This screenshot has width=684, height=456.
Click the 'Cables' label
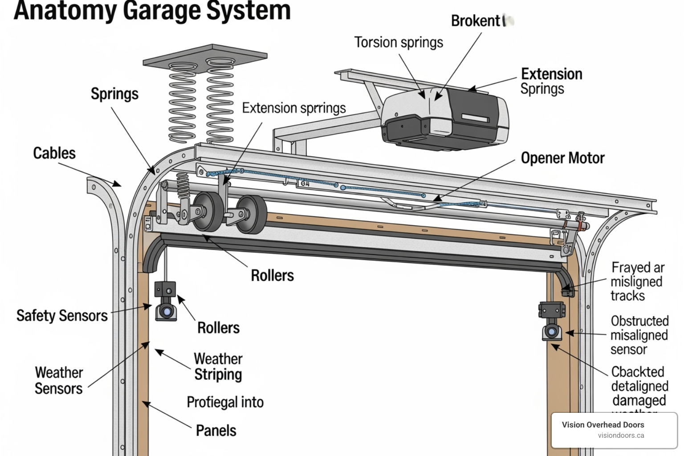tap(54, 153)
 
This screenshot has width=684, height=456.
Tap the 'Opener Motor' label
tap(562, 158)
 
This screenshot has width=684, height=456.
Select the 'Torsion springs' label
tap(399, 42)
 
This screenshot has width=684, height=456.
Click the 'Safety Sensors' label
tap(62, 316)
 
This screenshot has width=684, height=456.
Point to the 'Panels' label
tap(216, 431)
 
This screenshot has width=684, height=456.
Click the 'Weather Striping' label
tap(218, 366)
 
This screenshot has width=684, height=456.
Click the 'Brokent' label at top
tap(476, 21)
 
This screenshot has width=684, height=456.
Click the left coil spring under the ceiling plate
tap(182, 102)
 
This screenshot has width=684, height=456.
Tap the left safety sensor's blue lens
tap(167, 311)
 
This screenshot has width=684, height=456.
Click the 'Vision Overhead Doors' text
tap(603, 425)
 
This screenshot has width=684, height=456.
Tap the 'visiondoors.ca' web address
tap(621, 436)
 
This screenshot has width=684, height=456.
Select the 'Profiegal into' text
tap(225, 402)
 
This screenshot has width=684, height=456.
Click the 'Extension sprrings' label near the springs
tap(294, 108)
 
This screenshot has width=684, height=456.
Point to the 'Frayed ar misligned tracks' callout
tap(637, 281)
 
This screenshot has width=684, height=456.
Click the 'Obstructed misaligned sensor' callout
tap(639, 335)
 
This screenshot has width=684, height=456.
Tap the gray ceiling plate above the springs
tap(205, 56)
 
